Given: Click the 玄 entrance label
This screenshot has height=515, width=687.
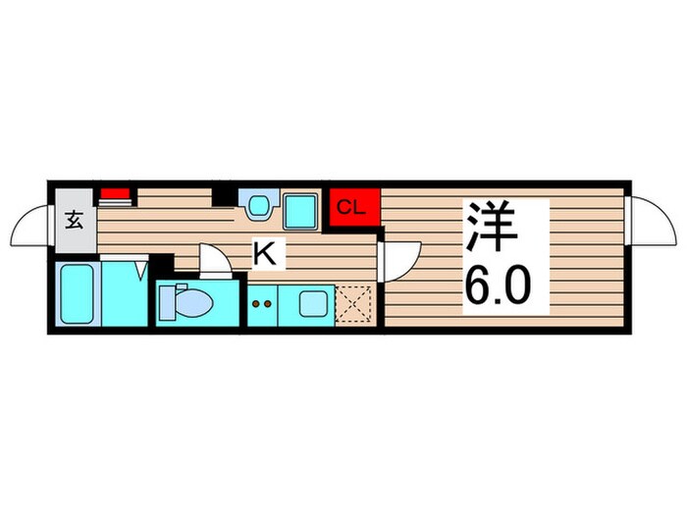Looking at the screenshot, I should (x=75, y=219).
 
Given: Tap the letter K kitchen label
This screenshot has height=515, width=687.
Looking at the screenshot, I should (x=264, y=254).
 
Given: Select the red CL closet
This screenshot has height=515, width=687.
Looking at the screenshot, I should (x=353, y=207).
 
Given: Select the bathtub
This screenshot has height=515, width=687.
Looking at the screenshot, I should (x=76, y=293).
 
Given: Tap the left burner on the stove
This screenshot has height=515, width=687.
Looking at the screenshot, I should (x=256, y=304).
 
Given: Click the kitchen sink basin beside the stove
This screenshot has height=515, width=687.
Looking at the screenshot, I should (x=312, y=303).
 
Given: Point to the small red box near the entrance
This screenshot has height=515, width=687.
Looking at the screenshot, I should (x=116, y=193).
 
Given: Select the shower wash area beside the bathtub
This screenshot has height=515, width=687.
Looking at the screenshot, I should (x=124, y=294).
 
